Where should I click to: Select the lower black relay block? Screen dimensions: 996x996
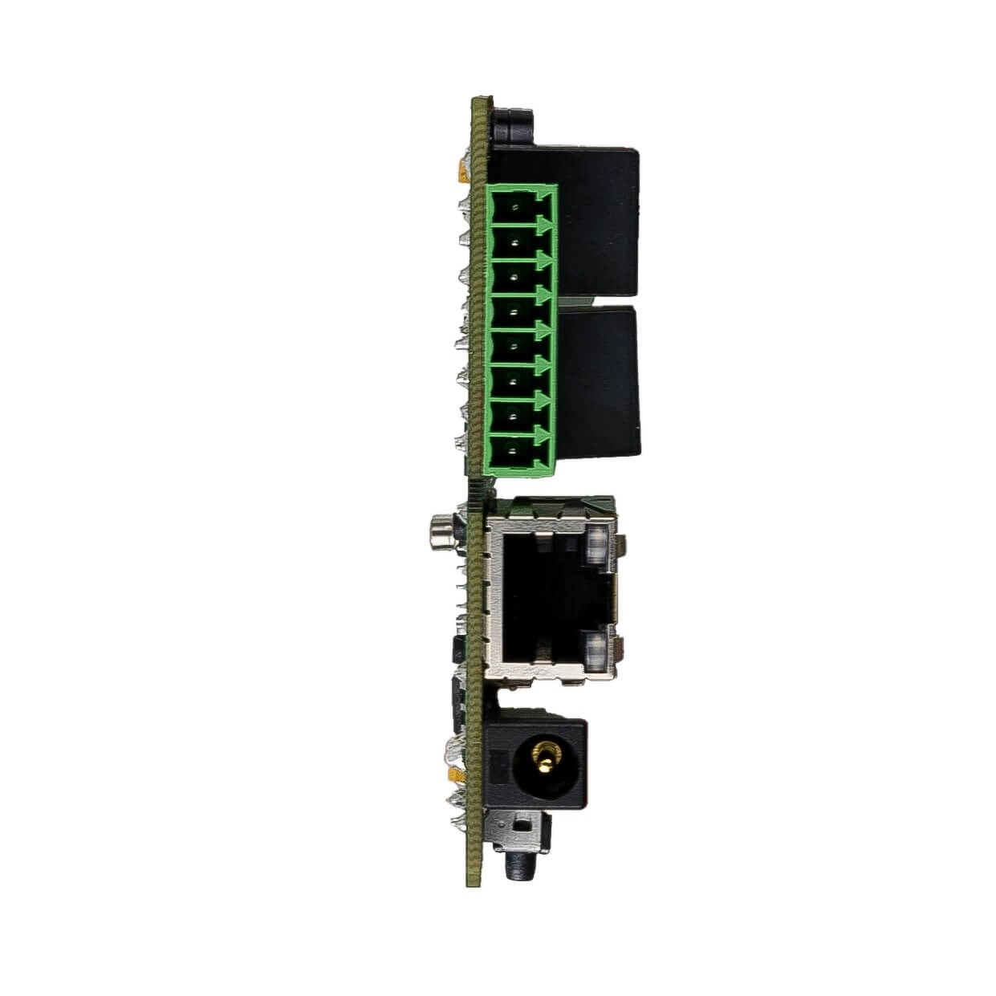[x=598, y=380]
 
